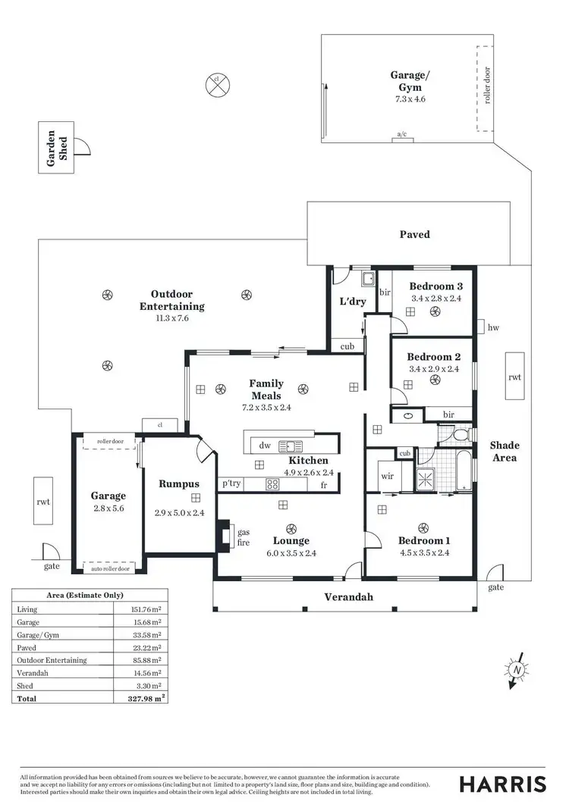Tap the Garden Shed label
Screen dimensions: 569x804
58,148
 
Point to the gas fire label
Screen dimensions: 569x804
244,537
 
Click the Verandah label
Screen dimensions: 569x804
349,597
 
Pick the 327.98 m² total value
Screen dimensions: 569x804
143,698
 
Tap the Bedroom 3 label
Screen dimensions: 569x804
435,286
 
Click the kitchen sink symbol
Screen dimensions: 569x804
290,446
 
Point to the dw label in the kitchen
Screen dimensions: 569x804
265,446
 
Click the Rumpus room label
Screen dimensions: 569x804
178,483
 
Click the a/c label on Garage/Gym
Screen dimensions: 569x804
402,135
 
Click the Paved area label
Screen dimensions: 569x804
414,234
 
